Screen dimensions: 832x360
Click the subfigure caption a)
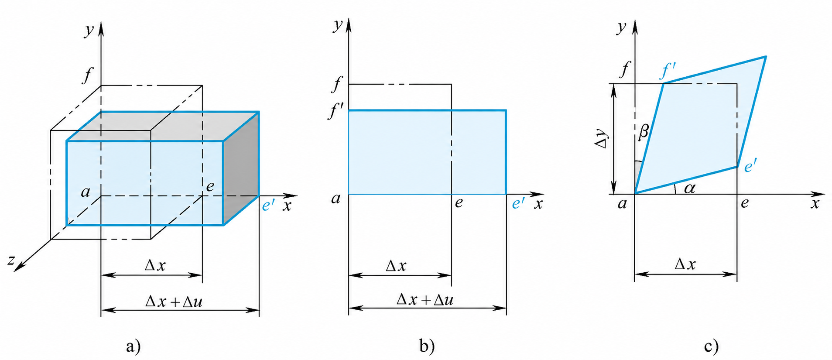134,346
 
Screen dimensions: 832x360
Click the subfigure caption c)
711,346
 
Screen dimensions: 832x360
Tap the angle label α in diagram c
690,188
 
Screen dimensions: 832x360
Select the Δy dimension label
603,139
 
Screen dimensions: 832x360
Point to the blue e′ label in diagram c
750,166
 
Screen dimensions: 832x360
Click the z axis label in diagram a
11,261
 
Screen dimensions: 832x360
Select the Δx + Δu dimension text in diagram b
425,299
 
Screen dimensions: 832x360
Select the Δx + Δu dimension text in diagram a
174,301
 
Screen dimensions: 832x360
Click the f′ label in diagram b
335,111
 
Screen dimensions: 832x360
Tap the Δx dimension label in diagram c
685,264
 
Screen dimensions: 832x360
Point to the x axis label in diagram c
815,203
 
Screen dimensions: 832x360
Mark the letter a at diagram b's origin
336,199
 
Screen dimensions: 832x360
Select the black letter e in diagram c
745,202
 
